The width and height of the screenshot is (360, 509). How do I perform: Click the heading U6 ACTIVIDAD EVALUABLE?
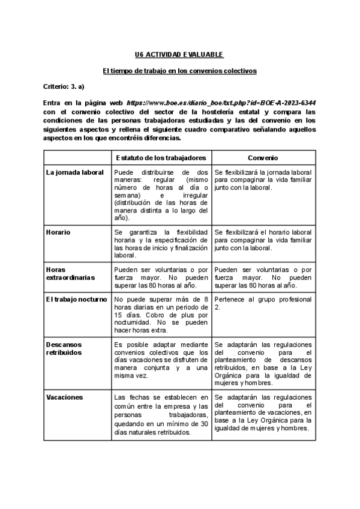pyautogui.click(x=179, y=55)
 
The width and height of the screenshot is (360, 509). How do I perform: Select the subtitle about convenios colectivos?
pyautogui.click(x=179, y=71)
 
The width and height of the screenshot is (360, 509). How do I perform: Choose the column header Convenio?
pyautogui.click(x=263, y=157)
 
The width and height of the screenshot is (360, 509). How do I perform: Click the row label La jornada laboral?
pyautogui.click(x=75, y=172)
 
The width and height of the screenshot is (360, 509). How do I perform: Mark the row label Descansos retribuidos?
pyautogui.click(x=67, y=349)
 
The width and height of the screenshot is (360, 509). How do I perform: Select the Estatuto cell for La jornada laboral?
pyautogui.click(x=161, y=194)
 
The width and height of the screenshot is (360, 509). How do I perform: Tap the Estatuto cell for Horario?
pyautogui.click(x=161, y=243)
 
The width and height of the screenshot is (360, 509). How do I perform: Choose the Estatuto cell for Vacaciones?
pyautogui.click(x=161, y=415)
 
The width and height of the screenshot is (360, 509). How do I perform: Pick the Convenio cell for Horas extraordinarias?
pyautogui.click(x=263, y=278)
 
